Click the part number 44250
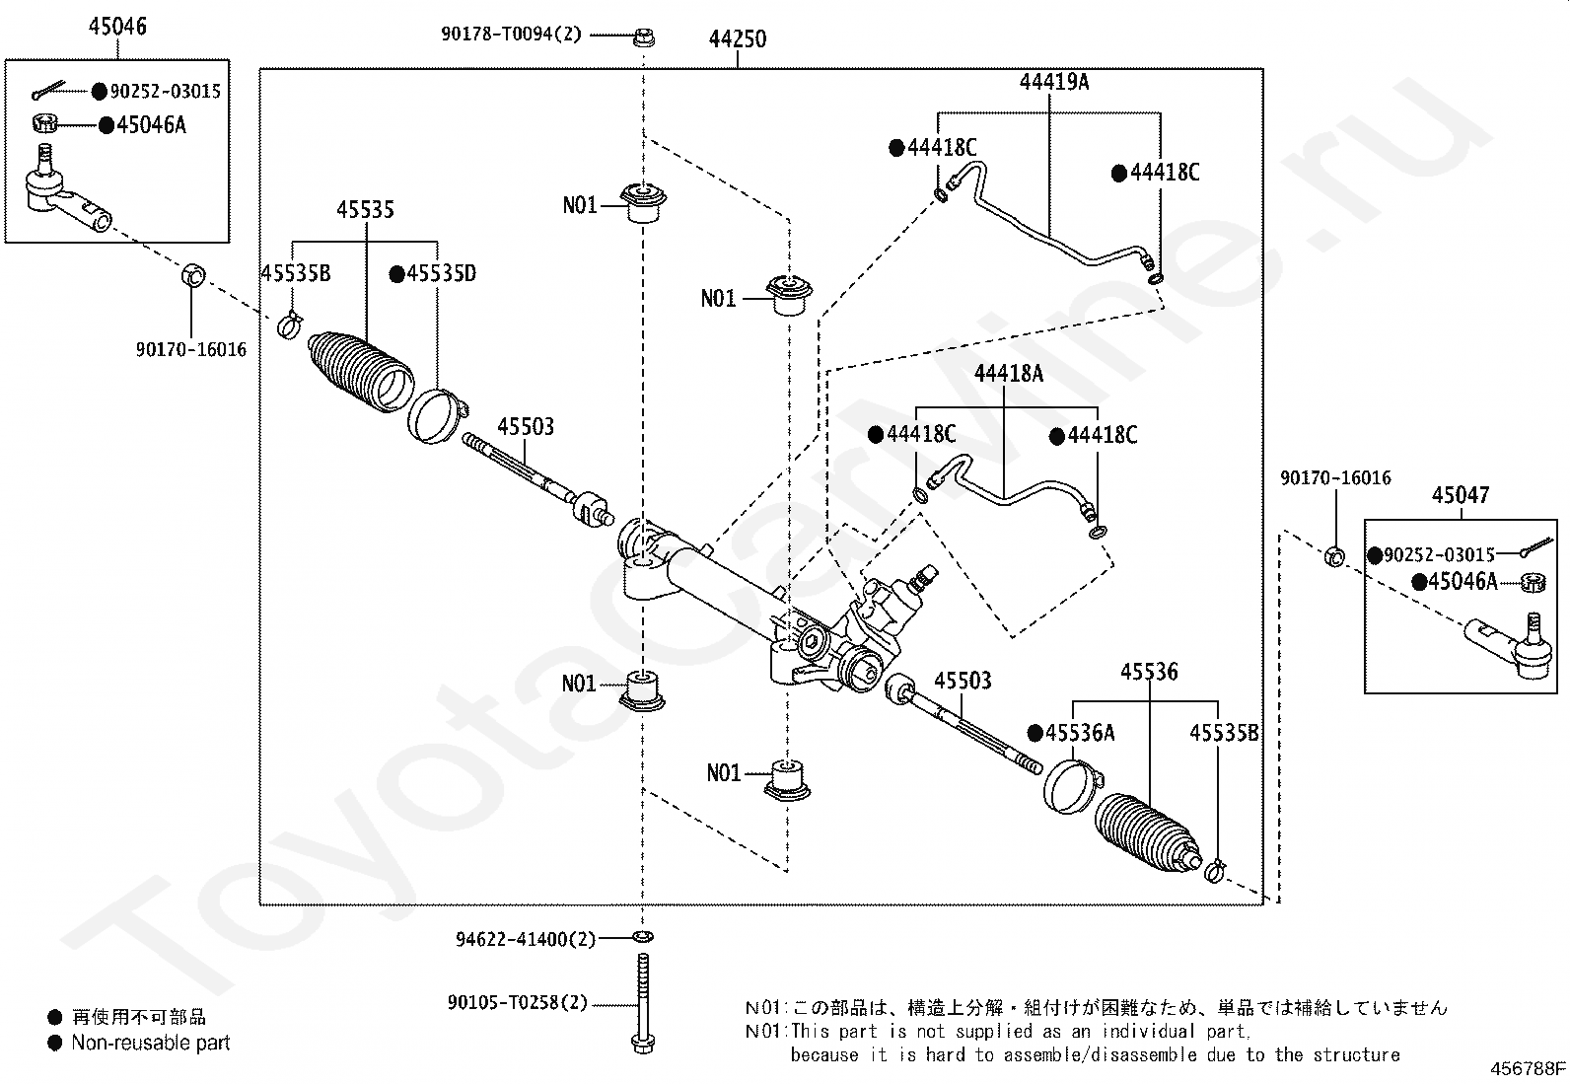737,39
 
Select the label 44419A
1054,82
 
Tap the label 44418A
1008,374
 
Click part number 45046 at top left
117,27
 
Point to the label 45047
1460,495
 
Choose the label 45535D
440,273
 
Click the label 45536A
1079,733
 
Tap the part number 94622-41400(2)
526,939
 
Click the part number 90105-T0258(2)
517,1003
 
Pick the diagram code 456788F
1528,1068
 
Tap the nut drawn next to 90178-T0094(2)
643,37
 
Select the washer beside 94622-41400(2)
642,936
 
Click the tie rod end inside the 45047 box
1507,645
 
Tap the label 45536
1149,672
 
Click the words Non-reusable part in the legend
150,1043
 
